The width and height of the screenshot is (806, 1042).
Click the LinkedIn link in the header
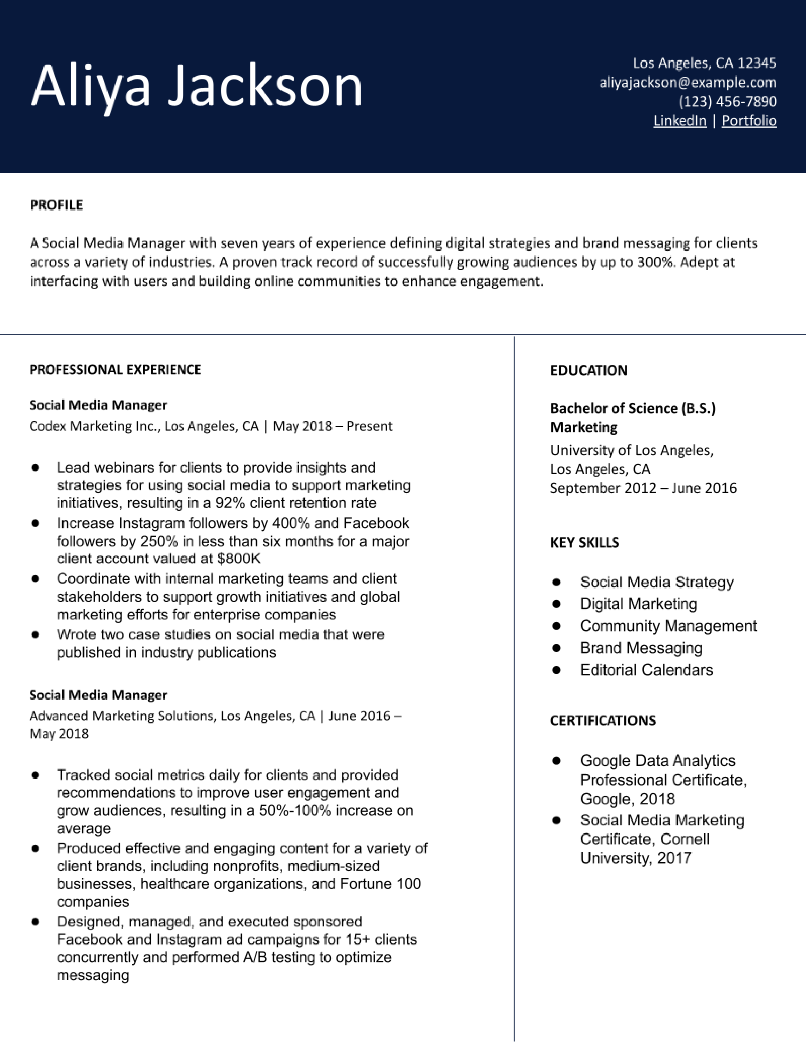tap(680, 121)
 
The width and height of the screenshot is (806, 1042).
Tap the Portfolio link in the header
tap(749, 121)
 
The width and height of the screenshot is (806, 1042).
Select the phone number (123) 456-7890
tap(727, 101)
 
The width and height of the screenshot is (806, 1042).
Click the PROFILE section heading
tap(56, 205)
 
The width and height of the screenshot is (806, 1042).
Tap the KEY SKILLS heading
tap(584, 542)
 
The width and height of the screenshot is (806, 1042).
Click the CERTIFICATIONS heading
tap(602, 721)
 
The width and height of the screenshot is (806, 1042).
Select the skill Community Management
tap(668, 626)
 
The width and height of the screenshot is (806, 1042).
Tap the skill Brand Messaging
tap(641, 648)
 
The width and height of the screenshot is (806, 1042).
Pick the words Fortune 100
tap(380, 884)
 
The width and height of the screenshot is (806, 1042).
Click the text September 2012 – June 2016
tap(643, 488)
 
